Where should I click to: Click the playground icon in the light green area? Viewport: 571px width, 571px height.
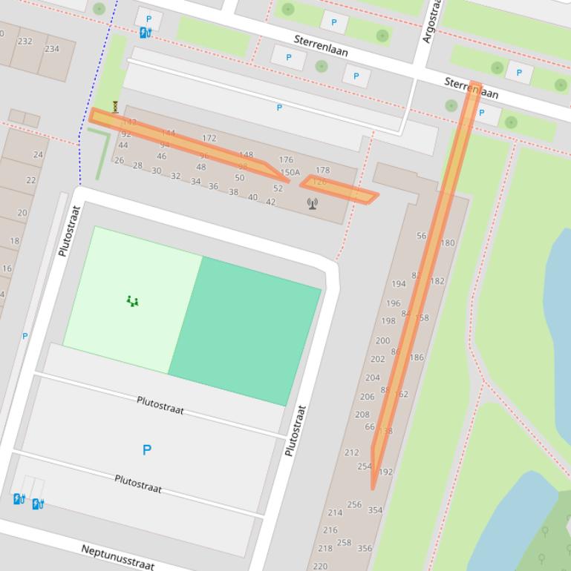[132, 300]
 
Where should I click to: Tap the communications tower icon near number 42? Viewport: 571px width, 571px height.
[313, 202]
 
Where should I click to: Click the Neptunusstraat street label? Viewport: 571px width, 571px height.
[118, 557]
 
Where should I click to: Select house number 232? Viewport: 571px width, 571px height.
[25, 42]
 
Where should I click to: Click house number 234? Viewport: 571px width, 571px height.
[52, 49]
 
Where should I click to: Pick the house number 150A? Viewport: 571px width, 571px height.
[290, 173]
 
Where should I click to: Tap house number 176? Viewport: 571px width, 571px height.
[286, 159]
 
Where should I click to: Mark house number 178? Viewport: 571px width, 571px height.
[322, 171]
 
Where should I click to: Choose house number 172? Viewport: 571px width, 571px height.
[209, 138]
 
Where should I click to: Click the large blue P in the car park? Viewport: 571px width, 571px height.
[146, 450]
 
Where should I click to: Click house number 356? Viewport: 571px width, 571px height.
[365, 549]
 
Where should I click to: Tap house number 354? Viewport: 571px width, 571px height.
[375, 510]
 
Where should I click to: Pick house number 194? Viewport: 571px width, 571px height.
[399, 284]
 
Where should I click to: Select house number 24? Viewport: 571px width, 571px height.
[38, 155]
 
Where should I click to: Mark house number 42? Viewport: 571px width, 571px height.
[270, 202]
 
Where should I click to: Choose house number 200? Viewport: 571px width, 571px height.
[382, 341]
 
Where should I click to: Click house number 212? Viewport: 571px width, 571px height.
[352, 452]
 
